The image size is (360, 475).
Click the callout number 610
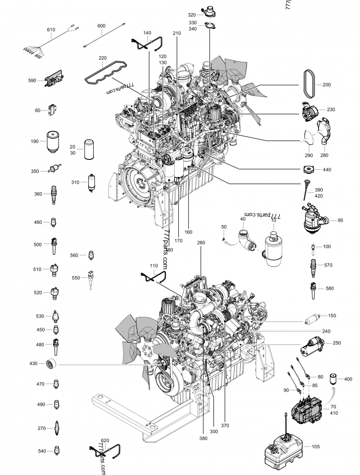(x=51, y=30)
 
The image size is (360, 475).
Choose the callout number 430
(x=33, y=363)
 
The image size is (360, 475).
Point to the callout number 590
(x=32, y=81)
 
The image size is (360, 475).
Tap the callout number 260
(x=201, y=243)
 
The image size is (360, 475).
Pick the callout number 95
(x=340, y=220)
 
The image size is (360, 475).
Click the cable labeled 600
(x=101, y=37)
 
